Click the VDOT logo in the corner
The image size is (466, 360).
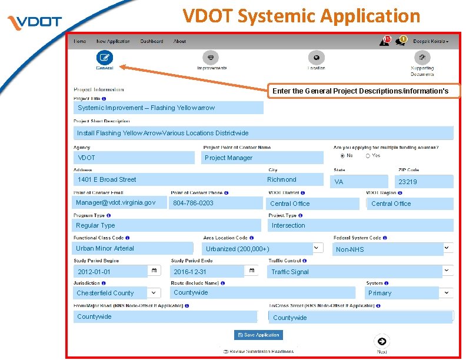[x=35, y=22]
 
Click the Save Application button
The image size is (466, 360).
[x=258, y=335]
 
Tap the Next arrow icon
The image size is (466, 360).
[x=382, y=342]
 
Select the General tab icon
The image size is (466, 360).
[x=105, y=57]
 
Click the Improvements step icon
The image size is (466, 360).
[x=211, y=57]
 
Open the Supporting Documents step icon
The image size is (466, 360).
[x=422, y=57]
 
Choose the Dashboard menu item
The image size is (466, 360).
[x=152, y=41]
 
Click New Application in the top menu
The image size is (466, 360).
[x=113, y=41]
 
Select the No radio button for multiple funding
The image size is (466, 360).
[x=343, y=156]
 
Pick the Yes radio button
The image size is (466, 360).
[x=368, y=156]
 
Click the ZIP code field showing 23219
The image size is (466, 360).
[x=424, y=182]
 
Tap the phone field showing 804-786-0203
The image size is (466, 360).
[x=217, y=203]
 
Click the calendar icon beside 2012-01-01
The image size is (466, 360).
[x=154, y=271]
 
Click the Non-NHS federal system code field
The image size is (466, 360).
[x=388, y=249]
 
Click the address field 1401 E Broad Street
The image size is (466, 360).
[x=168, y=179]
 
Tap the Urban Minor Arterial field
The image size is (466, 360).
[x=133, y=248]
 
